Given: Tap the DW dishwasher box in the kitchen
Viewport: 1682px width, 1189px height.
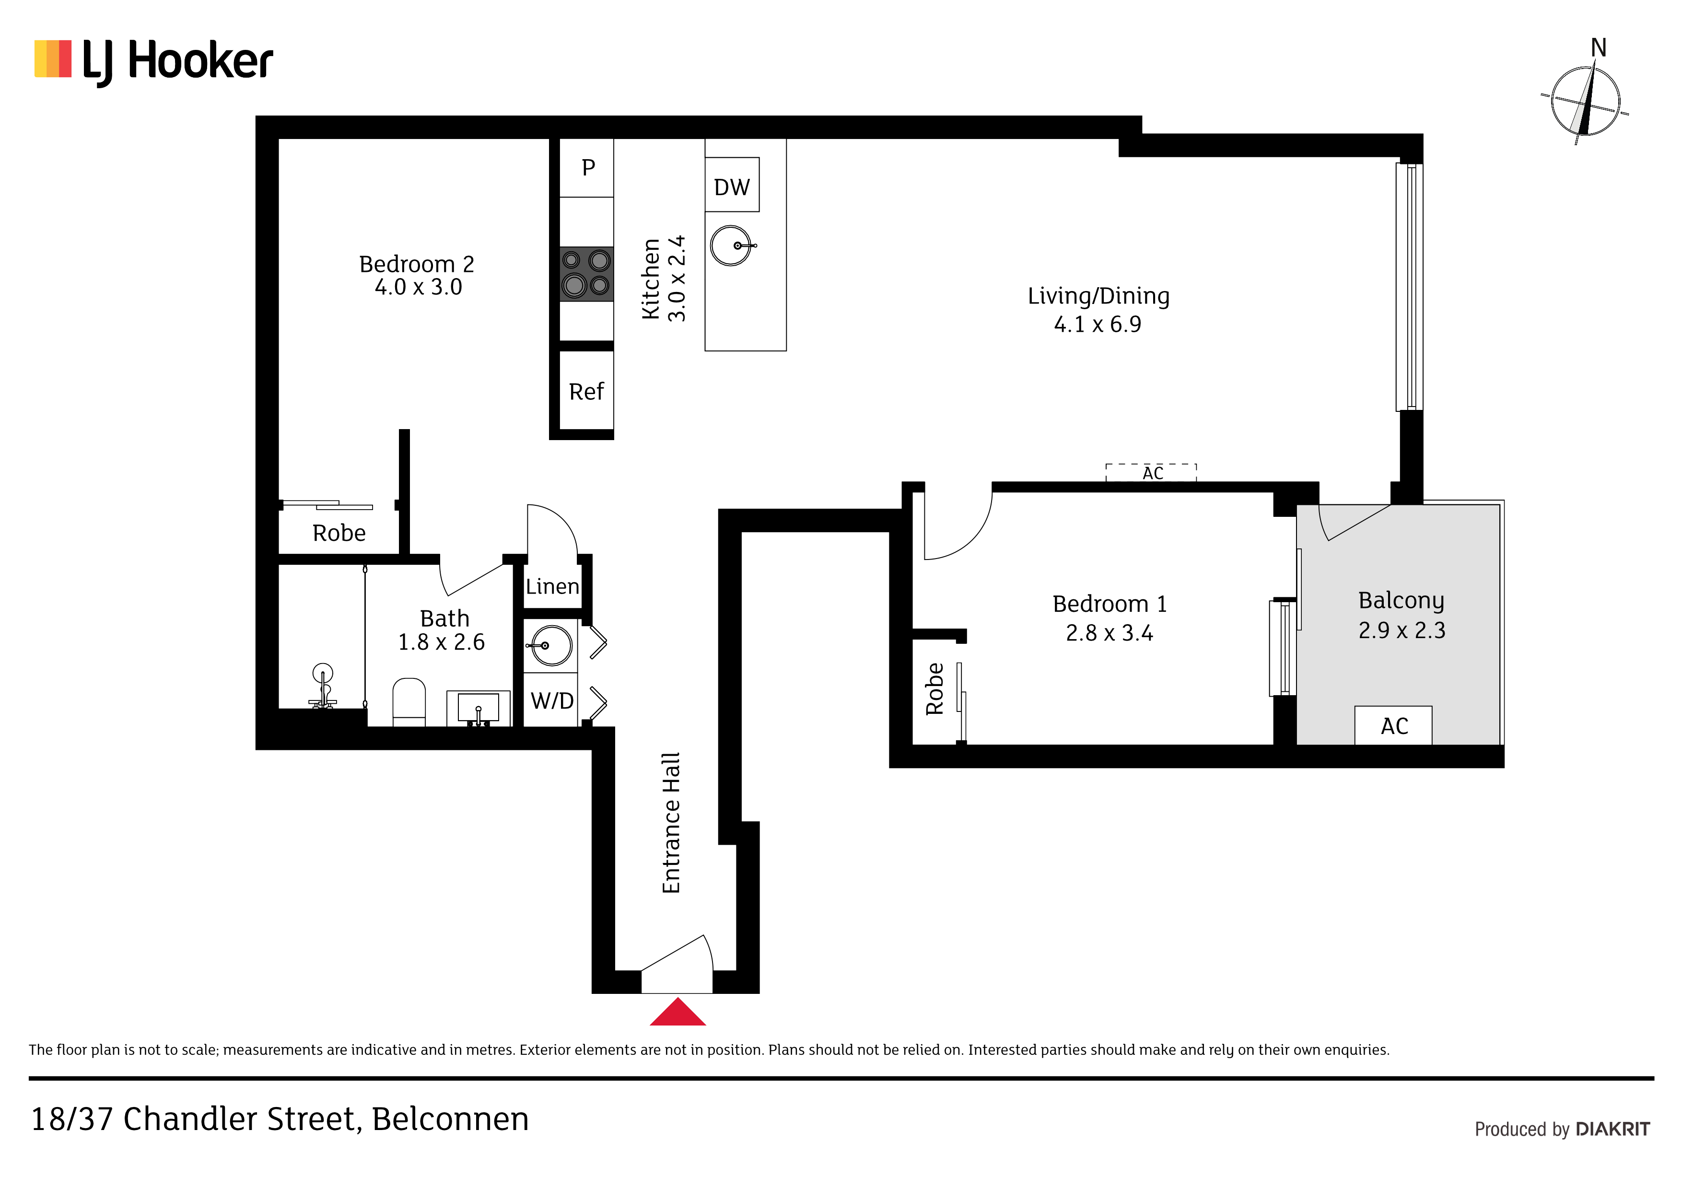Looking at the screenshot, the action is click(x=732, y=185).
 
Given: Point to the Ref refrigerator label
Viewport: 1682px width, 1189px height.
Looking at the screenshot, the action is click(x=586, y=392).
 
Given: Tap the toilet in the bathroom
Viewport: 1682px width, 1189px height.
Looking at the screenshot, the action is click(x=409, y=702).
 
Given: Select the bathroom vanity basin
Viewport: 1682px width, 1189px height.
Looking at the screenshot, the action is click(x=479, y=708).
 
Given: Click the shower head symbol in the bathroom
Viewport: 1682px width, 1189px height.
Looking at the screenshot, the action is click(x=322, y=686).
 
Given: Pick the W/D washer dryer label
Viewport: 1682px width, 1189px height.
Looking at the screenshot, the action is click(x=552, y=701).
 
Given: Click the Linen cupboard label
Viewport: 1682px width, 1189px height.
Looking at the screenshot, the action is click(x=552, y=587).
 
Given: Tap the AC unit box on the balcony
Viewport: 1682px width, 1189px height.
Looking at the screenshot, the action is click(x=1393, y=725).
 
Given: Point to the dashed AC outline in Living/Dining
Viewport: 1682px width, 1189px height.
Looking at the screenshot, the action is click(x=1151, y=473).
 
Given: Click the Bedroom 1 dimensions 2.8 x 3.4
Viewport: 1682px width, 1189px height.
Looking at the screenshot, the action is click(x=1109, y=633).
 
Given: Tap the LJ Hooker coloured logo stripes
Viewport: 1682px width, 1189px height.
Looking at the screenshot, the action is click(x=53, y=58).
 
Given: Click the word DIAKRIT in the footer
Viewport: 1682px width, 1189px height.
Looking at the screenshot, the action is click(x=1612, y=1130).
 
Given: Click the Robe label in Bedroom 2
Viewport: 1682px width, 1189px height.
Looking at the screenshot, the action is click(x=339, y=533).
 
